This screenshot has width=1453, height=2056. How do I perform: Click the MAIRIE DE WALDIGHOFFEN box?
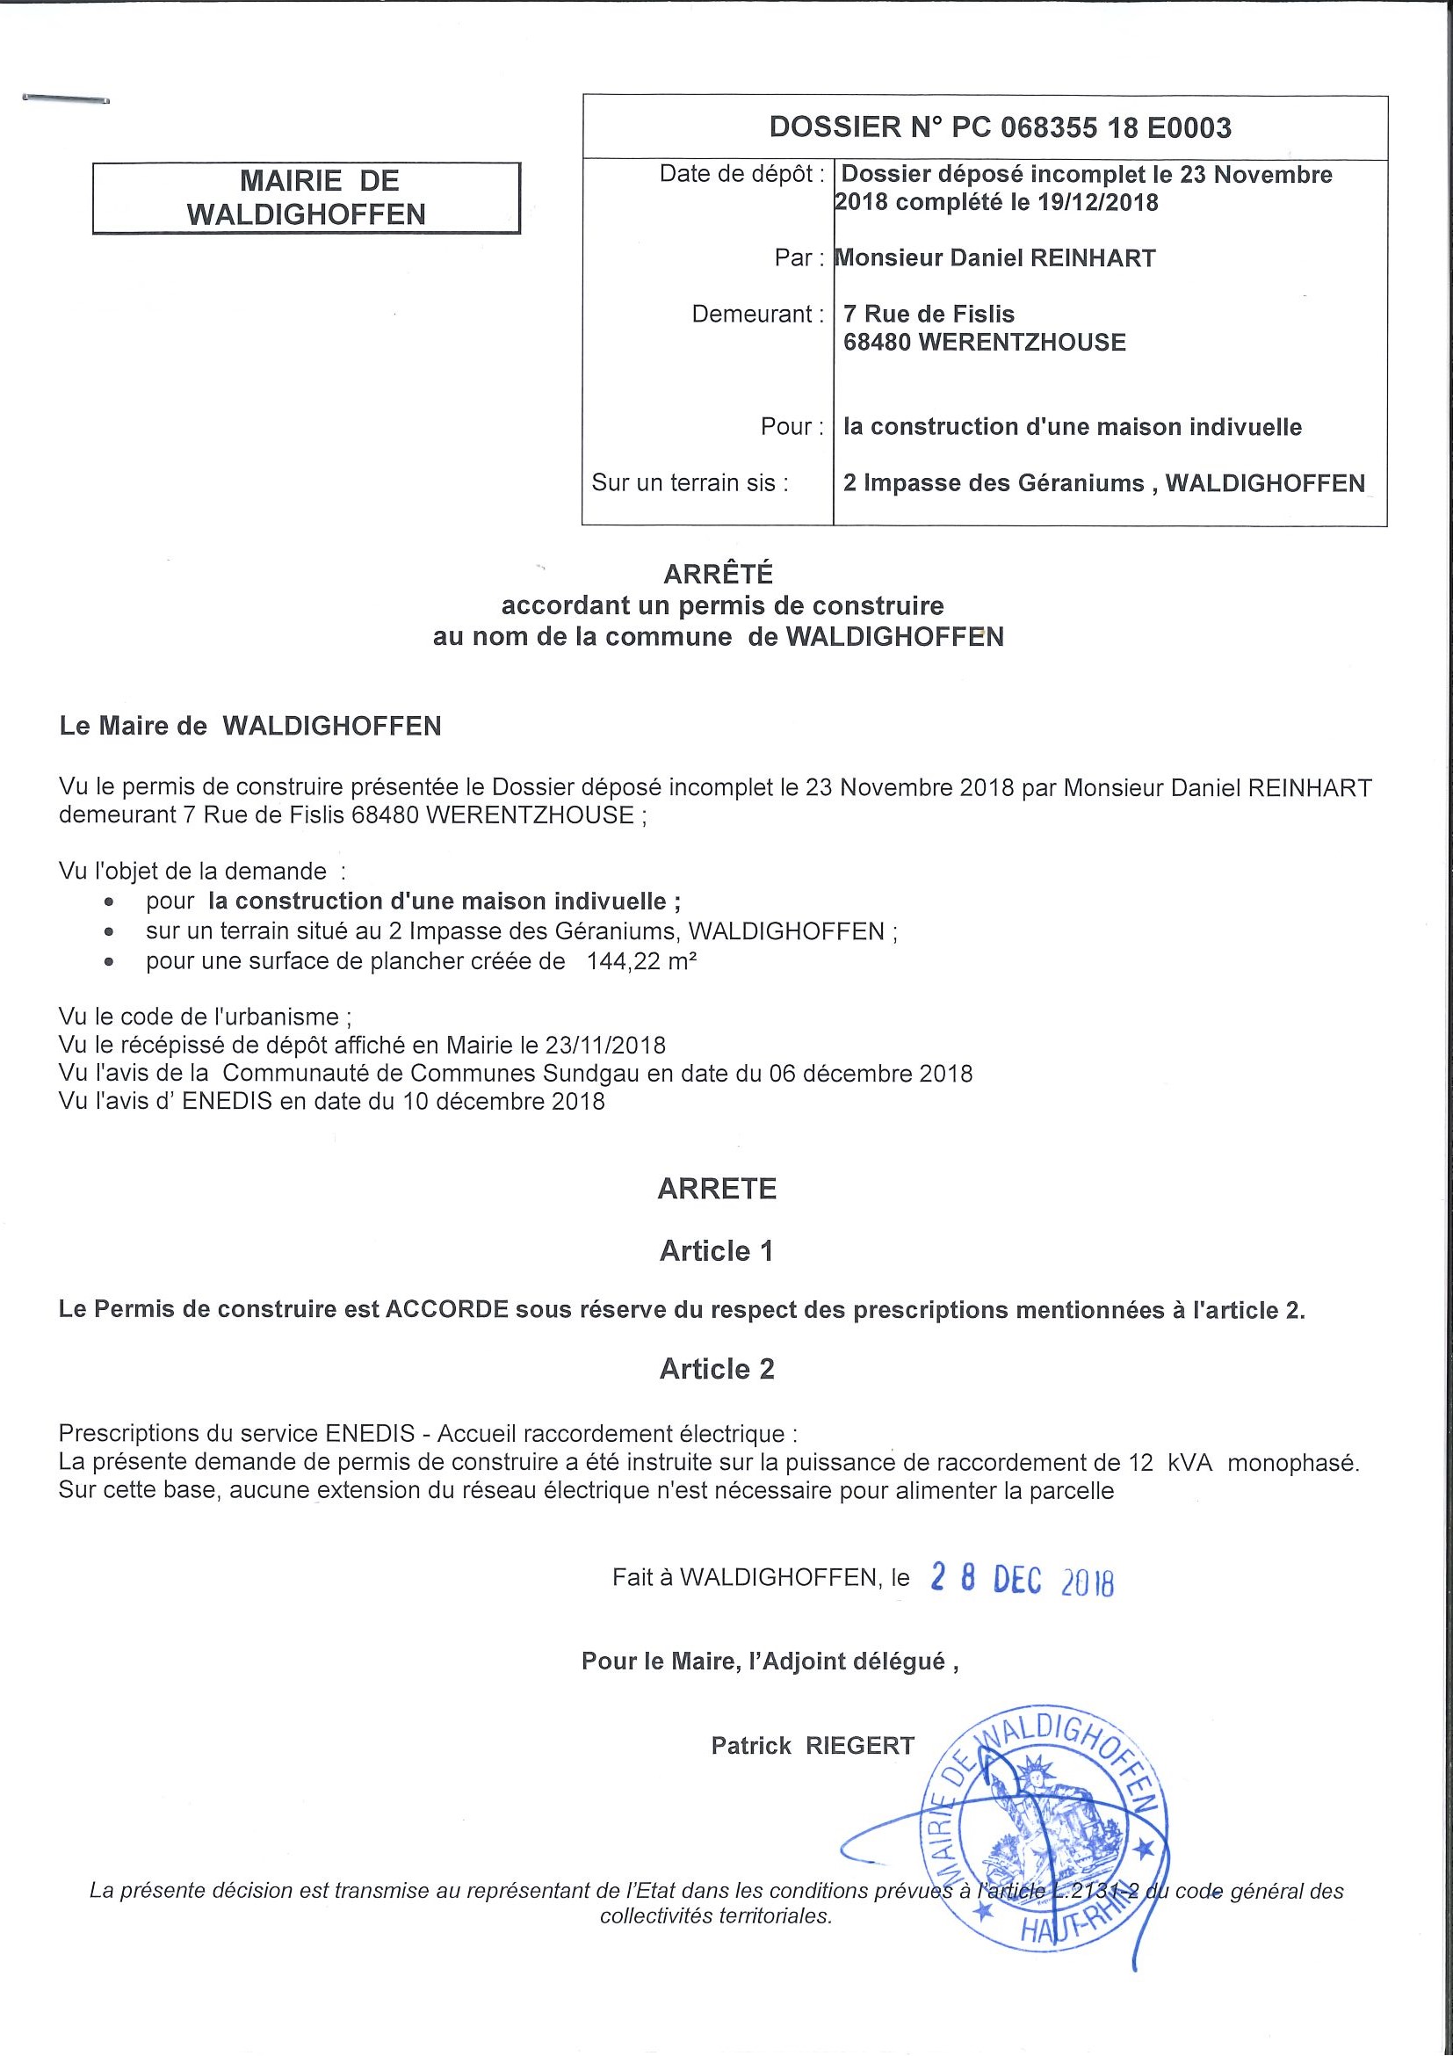pos(307,198)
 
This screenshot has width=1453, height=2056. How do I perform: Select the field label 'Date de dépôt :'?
pos(741,174)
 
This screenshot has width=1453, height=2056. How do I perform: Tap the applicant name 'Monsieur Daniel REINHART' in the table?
pos(994,259)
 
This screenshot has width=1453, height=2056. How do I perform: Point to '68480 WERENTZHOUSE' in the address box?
pos(984,342)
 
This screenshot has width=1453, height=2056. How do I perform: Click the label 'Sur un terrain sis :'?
pos(690,483)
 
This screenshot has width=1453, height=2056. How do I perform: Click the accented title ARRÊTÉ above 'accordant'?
pos(718,574)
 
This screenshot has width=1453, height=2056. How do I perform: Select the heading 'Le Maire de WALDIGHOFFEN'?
pos(250,726)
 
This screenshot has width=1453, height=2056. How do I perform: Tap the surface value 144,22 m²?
pos(641,962)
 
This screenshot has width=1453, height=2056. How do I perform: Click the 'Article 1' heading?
pos(716,1251)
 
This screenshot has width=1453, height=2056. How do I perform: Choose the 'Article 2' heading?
pos(716,1369)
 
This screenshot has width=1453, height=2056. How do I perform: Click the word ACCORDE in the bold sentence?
pos(447,1310)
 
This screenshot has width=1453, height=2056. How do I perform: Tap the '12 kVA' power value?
pos(1170,1463)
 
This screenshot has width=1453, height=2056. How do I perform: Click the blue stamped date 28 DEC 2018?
pos(1022,1579)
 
